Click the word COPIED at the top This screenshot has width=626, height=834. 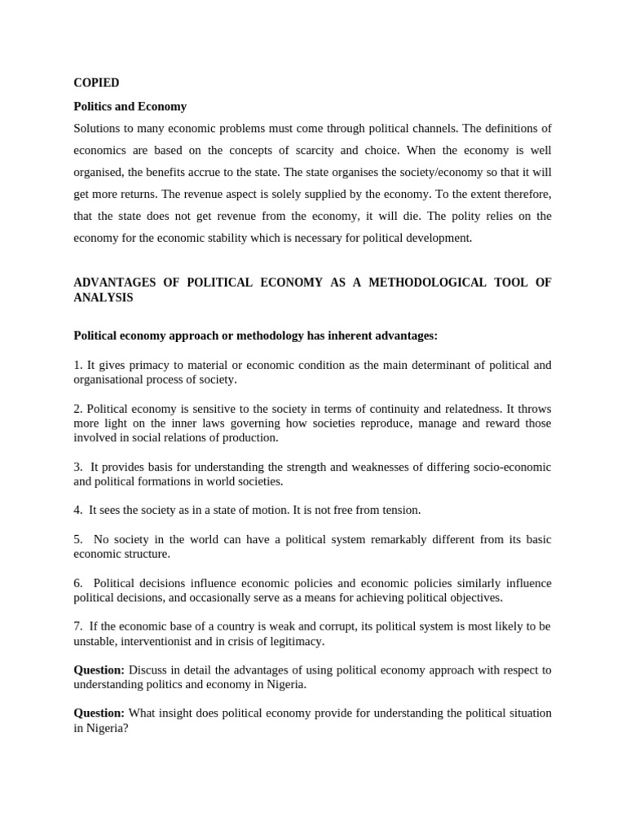click(x=96, y=83)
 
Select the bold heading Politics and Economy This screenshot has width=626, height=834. click(x=130, y=107)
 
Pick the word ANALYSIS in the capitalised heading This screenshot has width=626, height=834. click(x=103, y=298)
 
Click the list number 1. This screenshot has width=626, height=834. click(x=77, y=366)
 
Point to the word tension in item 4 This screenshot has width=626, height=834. click(x=400, y=510)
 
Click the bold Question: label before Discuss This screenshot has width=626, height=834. click(x=99, y=669)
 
